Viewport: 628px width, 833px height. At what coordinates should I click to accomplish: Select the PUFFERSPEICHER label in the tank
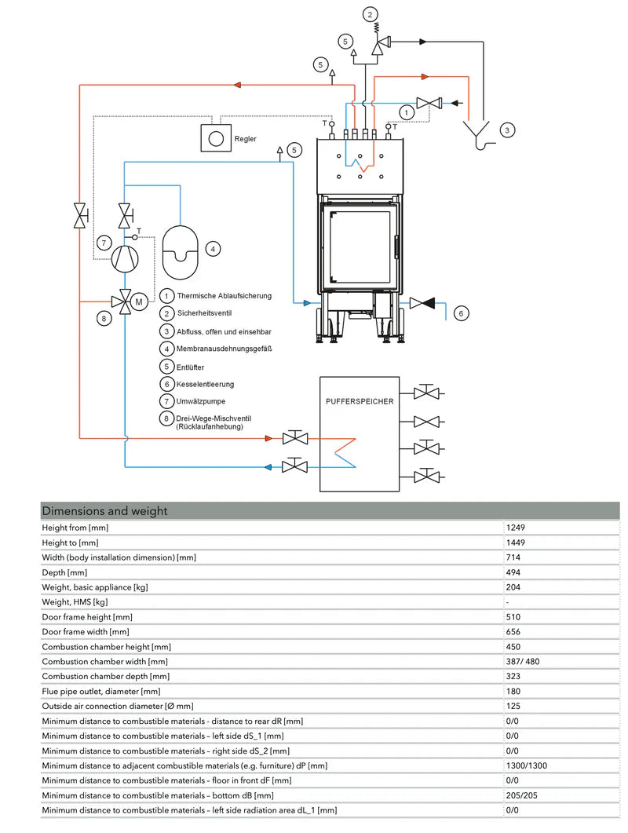pos(360,401)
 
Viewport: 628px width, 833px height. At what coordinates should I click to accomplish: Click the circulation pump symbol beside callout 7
pos(125,258)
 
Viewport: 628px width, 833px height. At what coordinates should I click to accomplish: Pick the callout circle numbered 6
pos(462,313)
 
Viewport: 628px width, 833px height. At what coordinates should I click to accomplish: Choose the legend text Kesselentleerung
pos(206,384)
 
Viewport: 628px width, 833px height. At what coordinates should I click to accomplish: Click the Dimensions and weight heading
pos(104,511)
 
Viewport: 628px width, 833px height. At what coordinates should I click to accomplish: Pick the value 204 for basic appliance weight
pos(514,587)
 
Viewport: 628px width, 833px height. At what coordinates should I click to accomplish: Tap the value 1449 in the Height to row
pos(517,543)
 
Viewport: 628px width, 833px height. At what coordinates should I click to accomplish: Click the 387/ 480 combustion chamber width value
pos(524,662)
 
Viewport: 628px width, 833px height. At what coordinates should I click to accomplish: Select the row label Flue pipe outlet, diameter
pos(101,692)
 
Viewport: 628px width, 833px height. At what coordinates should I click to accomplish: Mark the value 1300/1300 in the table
pos(526,765)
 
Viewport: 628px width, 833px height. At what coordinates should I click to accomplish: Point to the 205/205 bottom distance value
pos(522,795)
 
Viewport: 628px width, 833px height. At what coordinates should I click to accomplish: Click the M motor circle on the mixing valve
pos(139,301)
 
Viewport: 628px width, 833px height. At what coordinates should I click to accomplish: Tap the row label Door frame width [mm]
pos(86,632)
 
